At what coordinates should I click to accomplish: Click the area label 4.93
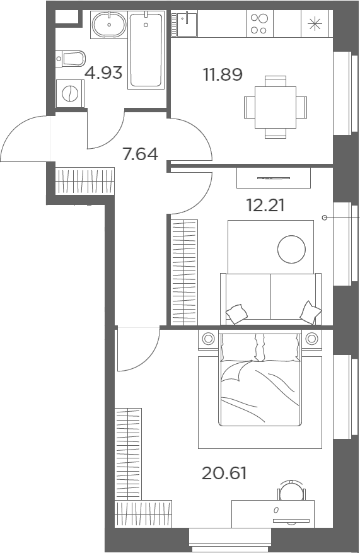[103, 73]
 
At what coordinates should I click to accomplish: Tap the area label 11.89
[223, 74]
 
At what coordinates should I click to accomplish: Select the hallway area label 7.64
[140, 154]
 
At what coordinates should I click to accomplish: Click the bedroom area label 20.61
[224, 472]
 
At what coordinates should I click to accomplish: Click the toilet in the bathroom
[71, 59]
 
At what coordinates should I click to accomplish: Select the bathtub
[146, 50]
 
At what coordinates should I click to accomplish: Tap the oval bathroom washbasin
[109, 26]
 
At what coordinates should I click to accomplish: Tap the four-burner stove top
[258, 25]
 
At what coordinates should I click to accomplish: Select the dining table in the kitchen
[275, 107]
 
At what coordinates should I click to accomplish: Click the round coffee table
[291, 249]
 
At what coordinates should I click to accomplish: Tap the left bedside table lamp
[208, 339]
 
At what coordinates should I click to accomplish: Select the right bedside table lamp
[311, 339]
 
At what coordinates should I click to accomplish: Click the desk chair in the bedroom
[289, 489]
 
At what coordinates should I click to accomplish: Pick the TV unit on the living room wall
[274, 177]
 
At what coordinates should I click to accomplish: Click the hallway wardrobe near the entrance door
[84, 180]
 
